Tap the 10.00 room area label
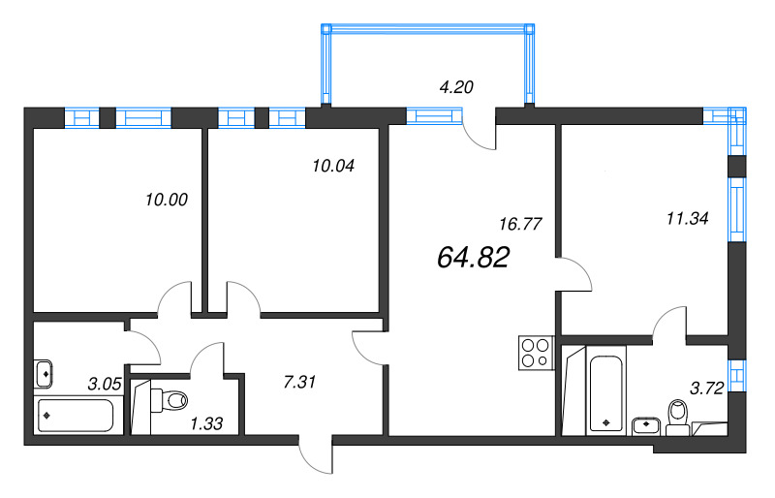click(165, 201)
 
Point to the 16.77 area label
click(519, 224)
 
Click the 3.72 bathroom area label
click(706, 390)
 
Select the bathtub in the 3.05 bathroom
click(75, 417)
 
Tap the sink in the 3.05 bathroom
click(46, 372)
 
